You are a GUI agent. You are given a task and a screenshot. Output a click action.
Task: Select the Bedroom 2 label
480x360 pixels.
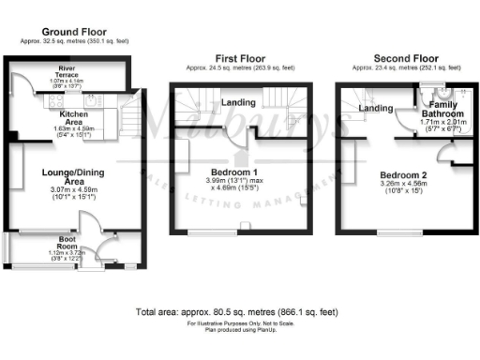pos(403,174)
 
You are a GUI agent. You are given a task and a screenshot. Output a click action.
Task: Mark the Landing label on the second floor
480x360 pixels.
pos(376,109)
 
